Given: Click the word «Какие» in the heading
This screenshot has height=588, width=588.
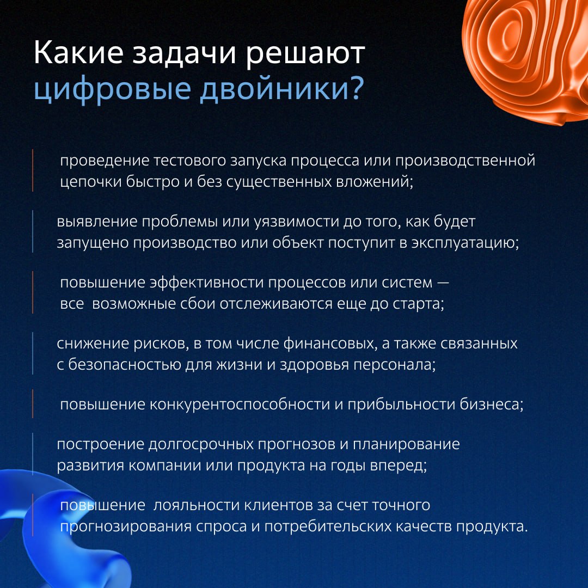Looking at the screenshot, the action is pyautogui.click(x=78, y=52).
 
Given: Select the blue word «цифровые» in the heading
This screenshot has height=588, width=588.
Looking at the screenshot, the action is pyautogui.click(x=112, y=90).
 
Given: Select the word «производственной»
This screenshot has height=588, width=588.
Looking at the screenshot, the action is pyautogui.click(x=465, y=161).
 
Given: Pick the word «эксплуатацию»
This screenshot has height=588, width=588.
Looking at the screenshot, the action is pyautogui.click(x=465, y=244).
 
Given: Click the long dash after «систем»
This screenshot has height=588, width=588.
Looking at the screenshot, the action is pyautogui.click(x=443, y=283).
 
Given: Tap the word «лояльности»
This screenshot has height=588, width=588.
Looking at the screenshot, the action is pyautogui.click(x=197, y=506).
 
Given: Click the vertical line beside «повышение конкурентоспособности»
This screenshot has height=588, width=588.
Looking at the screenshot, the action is pyautogui.click(x=33, y=403).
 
